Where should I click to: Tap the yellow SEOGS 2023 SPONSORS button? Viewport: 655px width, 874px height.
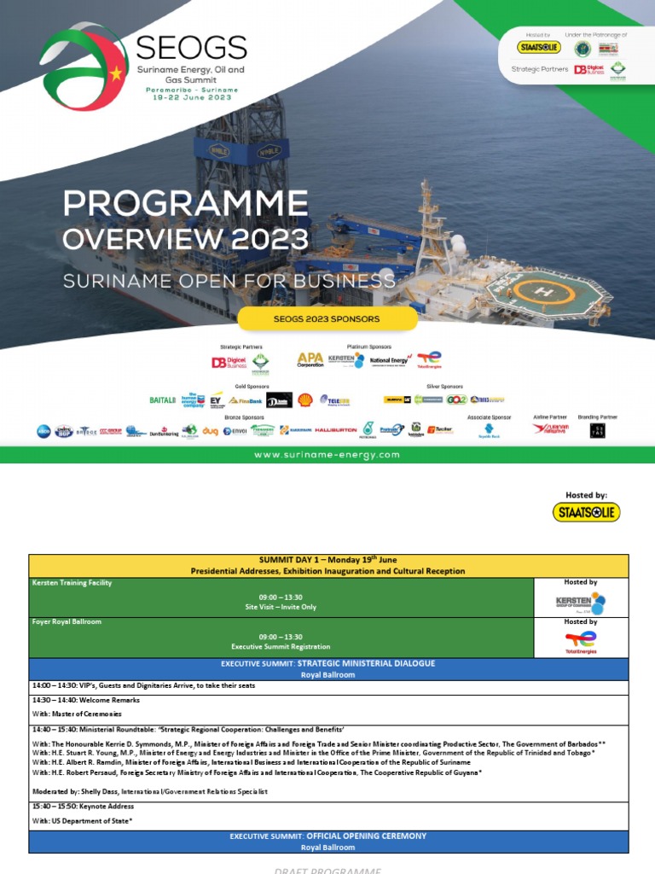tap(327, 318)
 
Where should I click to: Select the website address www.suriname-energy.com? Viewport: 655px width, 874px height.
tap(327, 455)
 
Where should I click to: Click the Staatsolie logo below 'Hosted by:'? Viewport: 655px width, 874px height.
tap(586, 512)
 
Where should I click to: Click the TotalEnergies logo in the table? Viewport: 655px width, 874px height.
tap(581, 643)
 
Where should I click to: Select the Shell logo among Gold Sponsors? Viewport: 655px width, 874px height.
tap(305, 399)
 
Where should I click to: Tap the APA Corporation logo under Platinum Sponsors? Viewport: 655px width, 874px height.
tap(310, 360)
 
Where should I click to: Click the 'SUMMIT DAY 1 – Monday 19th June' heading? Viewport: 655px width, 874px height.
tap(328, 560)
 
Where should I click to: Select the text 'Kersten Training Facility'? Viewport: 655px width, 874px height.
tap(72, 583)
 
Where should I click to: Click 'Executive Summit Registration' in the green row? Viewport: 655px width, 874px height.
tap(281, 647)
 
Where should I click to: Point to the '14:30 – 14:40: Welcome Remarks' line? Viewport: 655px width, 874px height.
tap(85, 700)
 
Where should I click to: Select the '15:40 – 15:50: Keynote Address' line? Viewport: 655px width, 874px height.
tap(84, 806)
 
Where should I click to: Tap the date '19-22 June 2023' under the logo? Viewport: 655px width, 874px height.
tap(191, 96)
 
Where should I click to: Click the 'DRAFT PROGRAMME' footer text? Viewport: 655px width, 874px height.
tap(327, 869)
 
